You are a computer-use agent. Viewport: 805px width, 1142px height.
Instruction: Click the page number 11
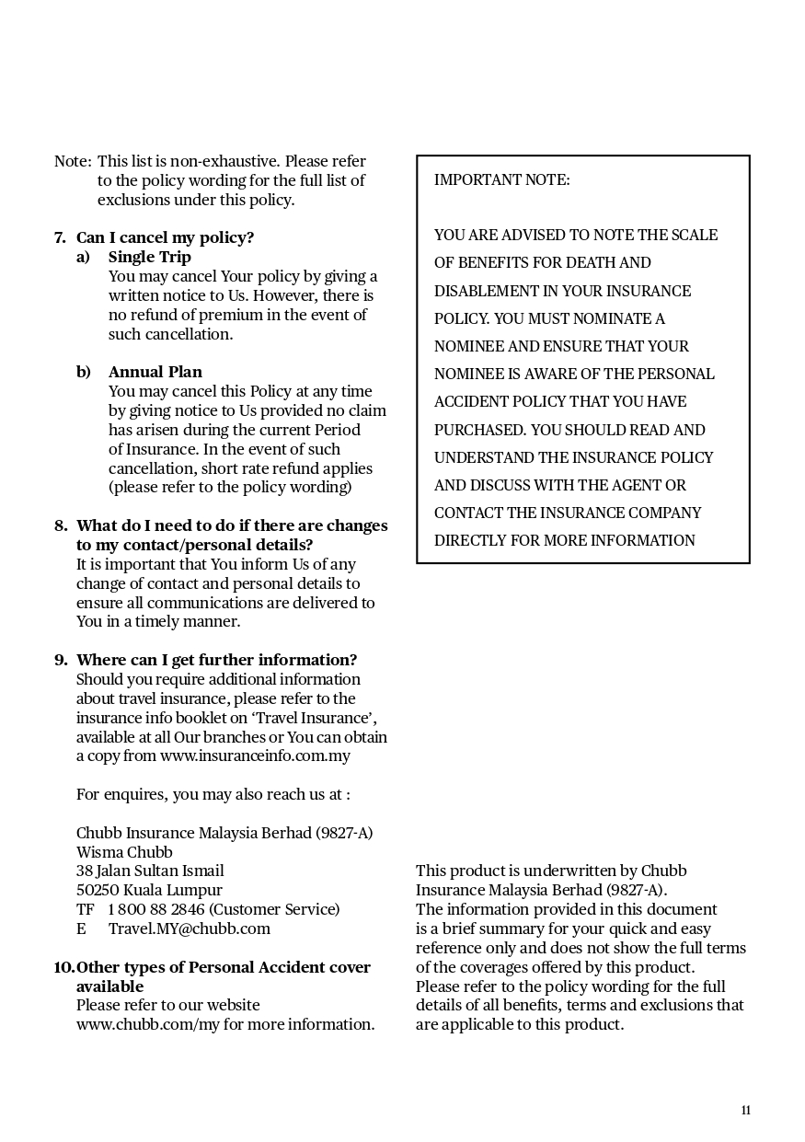(x=746, y=1110)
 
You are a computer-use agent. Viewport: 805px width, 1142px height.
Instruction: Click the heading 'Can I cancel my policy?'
(x=165, y=237)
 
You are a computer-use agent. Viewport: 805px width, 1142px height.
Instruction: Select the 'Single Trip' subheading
(x=150, y=257)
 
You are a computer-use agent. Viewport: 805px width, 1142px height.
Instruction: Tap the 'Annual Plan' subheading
(x=155, y=372)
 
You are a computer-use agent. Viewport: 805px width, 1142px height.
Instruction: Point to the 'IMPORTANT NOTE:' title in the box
(x=502, y=180)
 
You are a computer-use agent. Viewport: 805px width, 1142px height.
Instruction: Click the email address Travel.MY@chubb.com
(x=190, y=929)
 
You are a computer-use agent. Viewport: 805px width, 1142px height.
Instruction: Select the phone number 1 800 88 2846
(x=156, y=909)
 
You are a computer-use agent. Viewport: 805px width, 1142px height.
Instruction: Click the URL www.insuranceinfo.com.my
(x=255, y=756)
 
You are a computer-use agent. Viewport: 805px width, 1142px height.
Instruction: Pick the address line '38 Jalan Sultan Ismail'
(x=150, y=871)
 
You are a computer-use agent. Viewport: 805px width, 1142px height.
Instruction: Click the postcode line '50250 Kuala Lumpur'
(x=149, y=890)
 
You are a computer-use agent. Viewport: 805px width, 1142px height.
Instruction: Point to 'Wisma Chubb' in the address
(x=124, y=852)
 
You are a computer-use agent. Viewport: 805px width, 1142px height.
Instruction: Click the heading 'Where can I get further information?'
(x=216, y=660)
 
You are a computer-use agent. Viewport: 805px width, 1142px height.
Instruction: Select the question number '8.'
(x=61, y=525)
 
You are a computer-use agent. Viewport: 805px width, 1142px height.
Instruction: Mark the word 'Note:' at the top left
(x=73, y=162)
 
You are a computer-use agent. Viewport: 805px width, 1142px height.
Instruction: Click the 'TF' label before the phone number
(x=85, y=909)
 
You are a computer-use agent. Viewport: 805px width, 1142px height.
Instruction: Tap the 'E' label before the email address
(x=81, y=929)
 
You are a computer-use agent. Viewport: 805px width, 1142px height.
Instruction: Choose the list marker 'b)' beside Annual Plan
(x=84, y=372)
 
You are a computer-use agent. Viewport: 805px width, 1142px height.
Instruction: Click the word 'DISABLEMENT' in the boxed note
(x=483, y=291)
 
